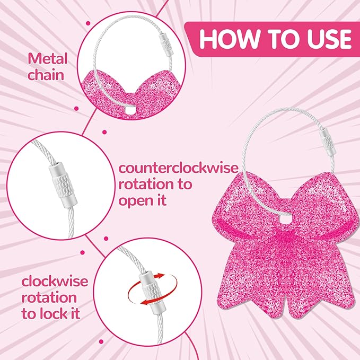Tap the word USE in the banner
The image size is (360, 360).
pyautogui.click(x=329, y=39)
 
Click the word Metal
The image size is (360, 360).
pyautogui.click(x=48, y=59)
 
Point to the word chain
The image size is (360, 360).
pyautogui.click(x=46, y=75)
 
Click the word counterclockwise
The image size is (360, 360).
pyautogui.click(x=178, y=168)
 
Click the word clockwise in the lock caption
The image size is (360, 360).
pyautogui.click(x=55, y=281)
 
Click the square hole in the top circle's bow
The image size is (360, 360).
pyautogui.click(x=130, y=111)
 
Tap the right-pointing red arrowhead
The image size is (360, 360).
pyautogui.click(x=160, y=276)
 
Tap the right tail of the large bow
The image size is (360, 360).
pyautogui.click(x=319, y=283)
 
